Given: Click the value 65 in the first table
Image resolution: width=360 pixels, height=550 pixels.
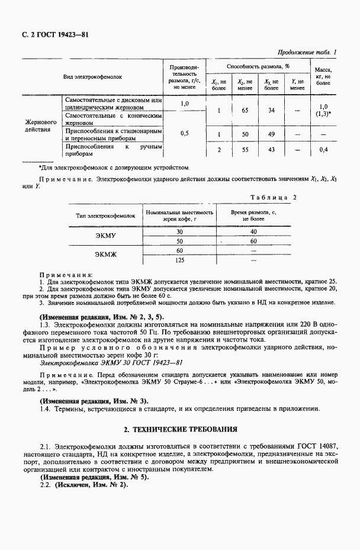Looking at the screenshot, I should pyautogui.click(x=245, y=110).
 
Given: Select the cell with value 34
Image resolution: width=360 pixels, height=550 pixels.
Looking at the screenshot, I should pyautogui.click(x=271, y=110).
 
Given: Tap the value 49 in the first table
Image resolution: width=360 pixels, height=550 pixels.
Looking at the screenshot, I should pyautogui.click(x=271, y=134).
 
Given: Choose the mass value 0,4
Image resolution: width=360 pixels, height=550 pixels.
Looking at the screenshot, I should pyautogui.click(x=323, y=150).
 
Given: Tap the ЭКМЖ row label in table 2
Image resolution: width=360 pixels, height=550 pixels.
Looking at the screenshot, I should pyautogui.click(x=107, y=255).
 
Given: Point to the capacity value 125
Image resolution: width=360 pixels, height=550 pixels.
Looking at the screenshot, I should pyautogui.click(x=180, y=260).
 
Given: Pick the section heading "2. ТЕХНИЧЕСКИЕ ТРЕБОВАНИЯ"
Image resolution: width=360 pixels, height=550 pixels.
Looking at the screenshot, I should pyautogui.click(x=180, y=428).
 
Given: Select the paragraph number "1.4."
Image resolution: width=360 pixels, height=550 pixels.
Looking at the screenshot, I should pyautogui.click(x=46, y=409).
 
